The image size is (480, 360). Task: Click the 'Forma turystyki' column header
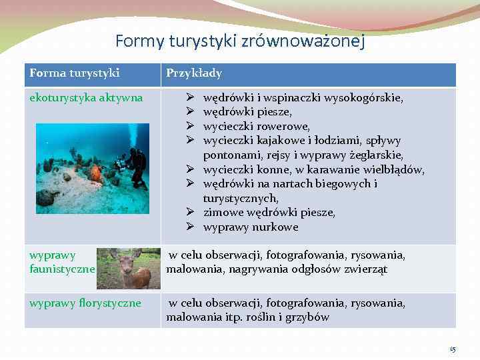(x=75, y=73)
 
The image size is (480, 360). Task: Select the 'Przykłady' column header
(x=194, y=73)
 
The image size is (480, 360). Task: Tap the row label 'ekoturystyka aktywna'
(x=86, y=98)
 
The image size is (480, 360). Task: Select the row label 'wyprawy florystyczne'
(x=85, y=303)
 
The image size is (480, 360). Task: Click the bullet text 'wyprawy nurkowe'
(x=251, y=227)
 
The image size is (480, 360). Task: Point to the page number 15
(x=453, y=349)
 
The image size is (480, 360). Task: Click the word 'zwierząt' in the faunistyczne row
(x=366, y=270)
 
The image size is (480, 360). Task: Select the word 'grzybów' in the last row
(x=307, y=317)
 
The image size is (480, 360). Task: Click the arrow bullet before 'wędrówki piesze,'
(x=189, y=112)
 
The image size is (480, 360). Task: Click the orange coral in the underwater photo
(x=96, y=173)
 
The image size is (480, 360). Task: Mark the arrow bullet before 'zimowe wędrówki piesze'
(x=189, y=213)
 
